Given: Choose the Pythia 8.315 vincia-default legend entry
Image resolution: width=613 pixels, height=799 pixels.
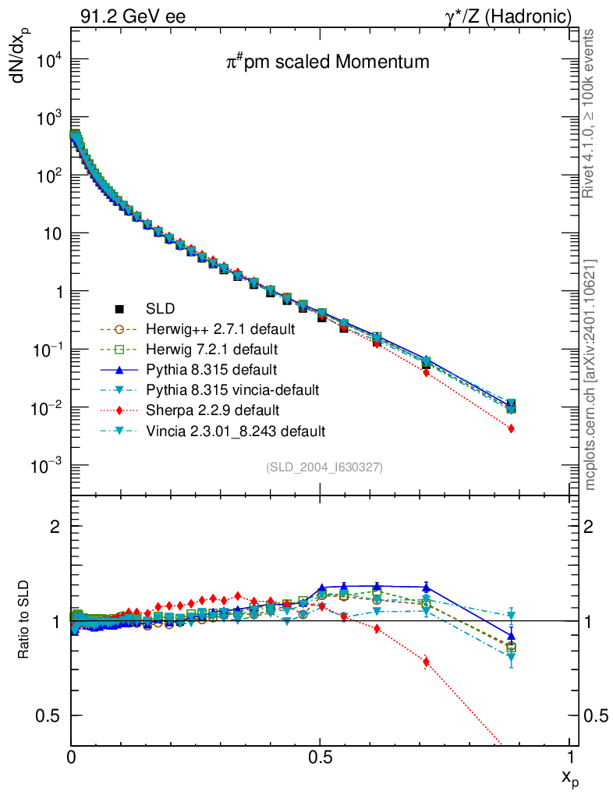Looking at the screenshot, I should point(239,389).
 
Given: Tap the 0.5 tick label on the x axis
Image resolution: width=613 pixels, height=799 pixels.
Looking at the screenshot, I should point(320,758).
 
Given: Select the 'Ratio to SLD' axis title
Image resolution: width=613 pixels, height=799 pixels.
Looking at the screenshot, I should point(24,620).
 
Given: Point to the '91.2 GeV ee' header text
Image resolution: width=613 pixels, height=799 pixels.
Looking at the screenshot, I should point(133,16).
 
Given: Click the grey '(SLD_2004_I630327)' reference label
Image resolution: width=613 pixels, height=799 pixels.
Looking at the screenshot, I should point(324,467).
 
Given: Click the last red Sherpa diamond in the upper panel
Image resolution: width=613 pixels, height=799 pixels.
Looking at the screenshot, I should point(510,428).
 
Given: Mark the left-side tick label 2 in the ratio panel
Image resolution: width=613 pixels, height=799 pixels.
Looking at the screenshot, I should point(55,526).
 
